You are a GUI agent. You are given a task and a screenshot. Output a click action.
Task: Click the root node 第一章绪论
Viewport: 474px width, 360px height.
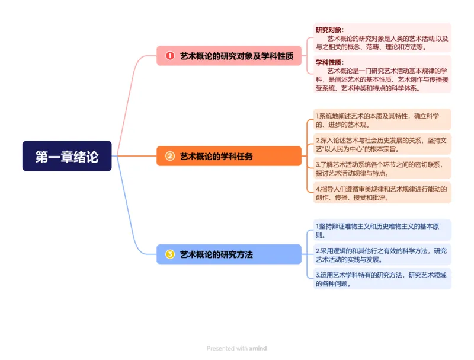[67, 157]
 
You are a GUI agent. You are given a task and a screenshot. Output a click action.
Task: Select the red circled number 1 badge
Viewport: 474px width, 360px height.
[170, 56]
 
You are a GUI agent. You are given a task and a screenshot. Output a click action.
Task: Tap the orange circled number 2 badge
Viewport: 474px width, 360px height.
[170, 157]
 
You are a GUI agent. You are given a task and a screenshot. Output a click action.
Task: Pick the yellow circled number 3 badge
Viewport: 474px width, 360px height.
[170, 254]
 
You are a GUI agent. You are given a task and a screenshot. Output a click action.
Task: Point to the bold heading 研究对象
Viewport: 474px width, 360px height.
[329, 30]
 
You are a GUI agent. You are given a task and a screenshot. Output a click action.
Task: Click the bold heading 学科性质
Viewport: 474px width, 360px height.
[329, 62]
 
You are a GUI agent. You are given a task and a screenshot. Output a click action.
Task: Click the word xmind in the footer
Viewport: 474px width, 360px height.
[258, 349]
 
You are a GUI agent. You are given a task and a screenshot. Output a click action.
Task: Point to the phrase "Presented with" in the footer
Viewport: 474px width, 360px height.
[227, 349]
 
